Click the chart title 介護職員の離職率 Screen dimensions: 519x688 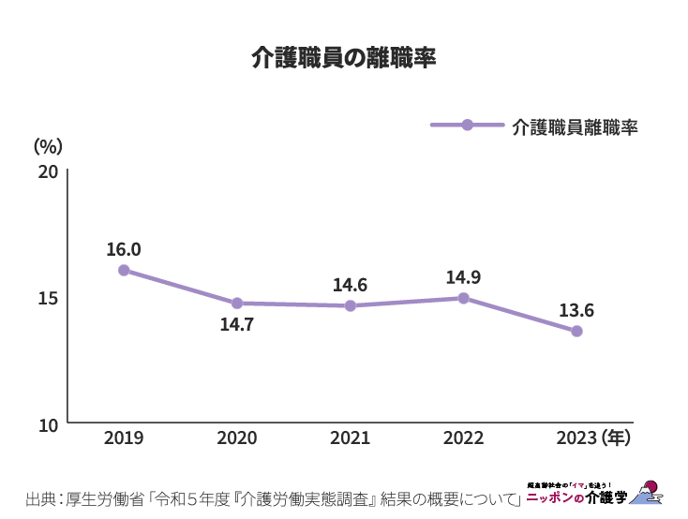point(344,58)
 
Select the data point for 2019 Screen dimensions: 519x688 point(124,270)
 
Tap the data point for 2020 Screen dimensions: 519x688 point(237,304)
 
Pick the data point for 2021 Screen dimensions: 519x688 point(351,305)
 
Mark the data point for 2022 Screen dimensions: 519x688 point(463,298)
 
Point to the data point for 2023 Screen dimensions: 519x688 point(576,331)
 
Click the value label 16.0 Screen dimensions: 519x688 point(124,249)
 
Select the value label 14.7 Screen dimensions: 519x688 point(237,325)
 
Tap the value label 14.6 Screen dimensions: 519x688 point(351,285)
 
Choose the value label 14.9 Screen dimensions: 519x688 point(463,277)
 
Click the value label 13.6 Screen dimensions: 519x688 point(576,310)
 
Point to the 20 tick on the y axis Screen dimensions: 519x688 point(49,172)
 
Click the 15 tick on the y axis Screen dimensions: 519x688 point(49,298)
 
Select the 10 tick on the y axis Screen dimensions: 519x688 point(49,424)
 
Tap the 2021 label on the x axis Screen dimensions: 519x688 point(351,437)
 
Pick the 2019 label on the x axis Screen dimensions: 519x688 point(124,437)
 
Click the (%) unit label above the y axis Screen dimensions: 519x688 point(48,146)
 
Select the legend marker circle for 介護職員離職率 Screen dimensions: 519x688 point(468,125)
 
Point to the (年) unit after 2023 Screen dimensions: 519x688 point(617,437)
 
